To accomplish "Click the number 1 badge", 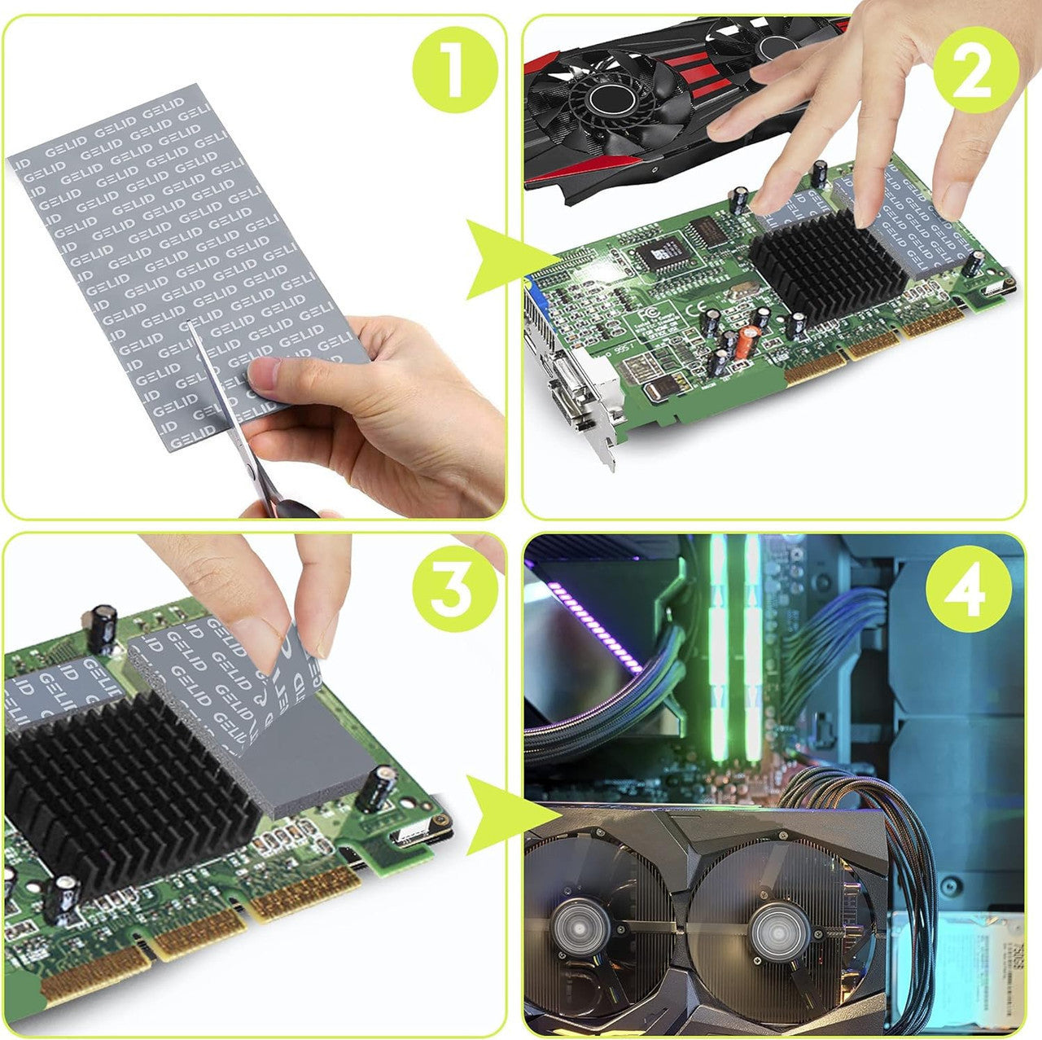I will click(x=454, y=70).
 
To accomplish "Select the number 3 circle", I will click(x=454, y=588).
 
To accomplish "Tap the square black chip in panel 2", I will click(x=662, y=255).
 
